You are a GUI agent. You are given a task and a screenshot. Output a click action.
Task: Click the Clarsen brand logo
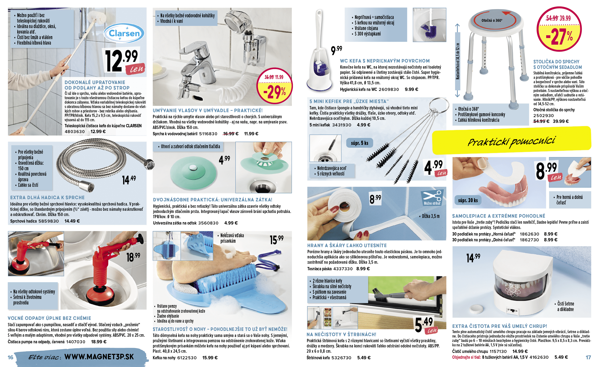coord(124,33)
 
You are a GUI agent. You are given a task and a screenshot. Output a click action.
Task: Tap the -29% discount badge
coord(274,86)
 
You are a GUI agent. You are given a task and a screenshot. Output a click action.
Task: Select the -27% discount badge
coord(559,29)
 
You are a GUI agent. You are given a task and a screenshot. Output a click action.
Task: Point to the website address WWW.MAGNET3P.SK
coord(99,357)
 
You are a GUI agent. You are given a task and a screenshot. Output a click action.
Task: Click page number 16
coord(10,357)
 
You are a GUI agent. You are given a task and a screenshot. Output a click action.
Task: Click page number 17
coord(588,357)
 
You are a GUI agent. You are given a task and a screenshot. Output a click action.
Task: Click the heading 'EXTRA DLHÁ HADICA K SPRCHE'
coord(47,198)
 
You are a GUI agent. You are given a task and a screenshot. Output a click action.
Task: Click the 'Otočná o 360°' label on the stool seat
coord(492,20)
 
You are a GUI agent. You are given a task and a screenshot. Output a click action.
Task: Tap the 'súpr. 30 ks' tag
coord(468,200)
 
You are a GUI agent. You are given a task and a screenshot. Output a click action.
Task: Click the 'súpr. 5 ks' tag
coord(359,143)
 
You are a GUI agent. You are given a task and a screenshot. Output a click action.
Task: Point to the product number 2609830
coord(389,90)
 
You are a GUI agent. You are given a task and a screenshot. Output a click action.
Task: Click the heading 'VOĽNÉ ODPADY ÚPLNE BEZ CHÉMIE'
coord(49,318)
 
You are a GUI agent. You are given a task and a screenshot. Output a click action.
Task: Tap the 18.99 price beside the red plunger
coord(133,257)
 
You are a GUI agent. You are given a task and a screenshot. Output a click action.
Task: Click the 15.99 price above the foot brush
coord(277,239)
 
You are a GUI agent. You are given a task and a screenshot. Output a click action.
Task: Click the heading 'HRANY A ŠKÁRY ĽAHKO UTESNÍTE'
coord(347,245)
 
